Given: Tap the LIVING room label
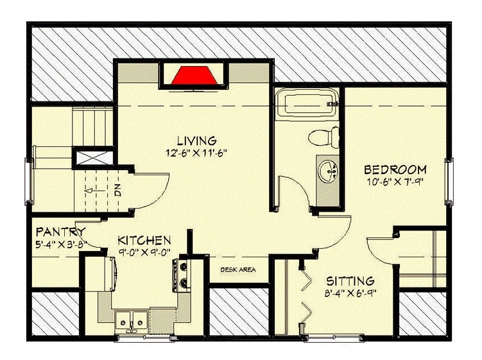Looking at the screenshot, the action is coord(197,141).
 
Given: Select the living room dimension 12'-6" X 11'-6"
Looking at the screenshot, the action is coord(197,153).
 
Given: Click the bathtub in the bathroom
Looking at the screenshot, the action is coord(307,103).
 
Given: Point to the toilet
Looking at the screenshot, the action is coord(323,137).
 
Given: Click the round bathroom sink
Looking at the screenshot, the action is coord(328,170).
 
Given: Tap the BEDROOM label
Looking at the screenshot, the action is coord(395,169).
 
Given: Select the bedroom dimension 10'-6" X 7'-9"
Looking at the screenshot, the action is coord(395,182).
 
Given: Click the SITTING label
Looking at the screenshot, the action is coord(350,281).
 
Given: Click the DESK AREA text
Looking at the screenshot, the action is coord(238,270).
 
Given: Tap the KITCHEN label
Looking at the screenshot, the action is coord(144,240).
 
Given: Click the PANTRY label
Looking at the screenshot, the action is coord(60,231).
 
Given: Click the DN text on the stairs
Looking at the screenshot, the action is coord(117,190).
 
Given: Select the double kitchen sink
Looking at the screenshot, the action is coord(132,322).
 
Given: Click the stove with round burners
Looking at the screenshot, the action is coord(181,275).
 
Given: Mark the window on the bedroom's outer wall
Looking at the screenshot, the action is coord(449,182).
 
